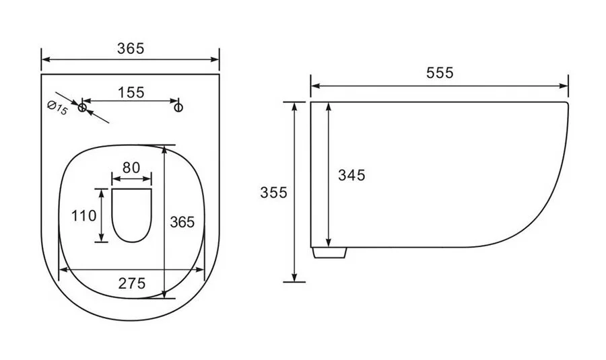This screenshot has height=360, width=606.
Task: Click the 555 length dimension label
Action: click(440, 73)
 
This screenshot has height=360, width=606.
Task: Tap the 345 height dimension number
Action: click(351, 176)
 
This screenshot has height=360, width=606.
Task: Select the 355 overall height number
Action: click(273, 192)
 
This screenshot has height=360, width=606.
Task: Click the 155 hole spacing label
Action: click(131, 93)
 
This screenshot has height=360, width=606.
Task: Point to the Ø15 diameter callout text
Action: click(57, 108)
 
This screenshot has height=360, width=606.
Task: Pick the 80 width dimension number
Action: click(131, 168)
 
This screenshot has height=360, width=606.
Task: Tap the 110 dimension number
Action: click(83, 215)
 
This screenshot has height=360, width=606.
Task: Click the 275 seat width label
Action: click(132, 283)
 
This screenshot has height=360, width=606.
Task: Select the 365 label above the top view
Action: click(131, 48)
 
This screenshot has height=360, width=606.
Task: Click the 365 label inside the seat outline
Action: click(182, 222)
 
